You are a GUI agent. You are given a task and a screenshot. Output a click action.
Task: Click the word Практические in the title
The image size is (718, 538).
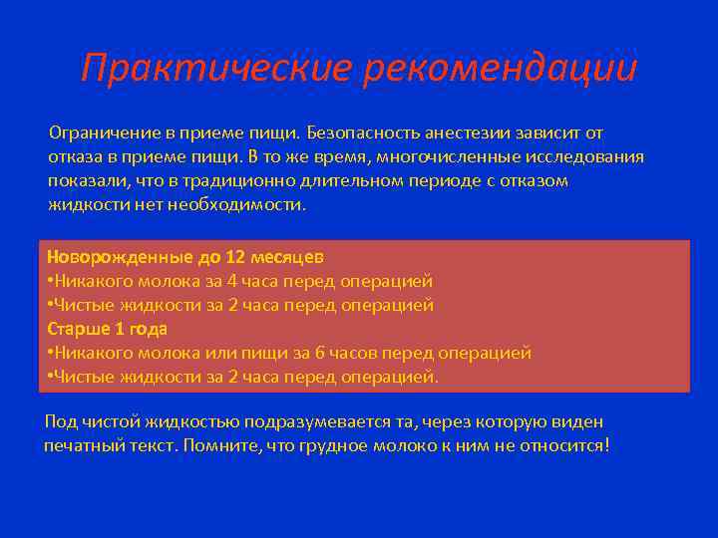[x=216, y=69]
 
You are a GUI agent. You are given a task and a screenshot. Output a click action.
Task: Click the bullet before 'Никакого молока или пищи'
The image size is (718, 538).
[x=50, y=353]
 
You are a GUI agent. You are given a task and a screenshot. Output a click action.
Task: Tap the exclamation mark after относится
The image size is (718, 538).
[x=606, y=445]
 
